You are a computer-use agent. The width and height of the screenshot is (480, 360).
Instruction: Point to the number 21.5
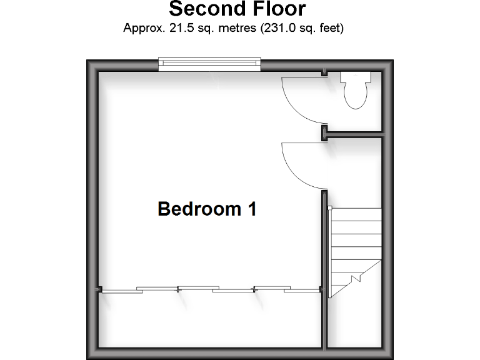click(177, 28)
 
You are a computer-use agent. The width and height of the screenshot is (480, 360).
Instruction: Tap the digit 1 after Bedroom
click(251, 209)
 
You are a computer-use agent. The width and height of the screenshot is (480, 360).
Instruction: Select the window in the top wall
click(209, 62)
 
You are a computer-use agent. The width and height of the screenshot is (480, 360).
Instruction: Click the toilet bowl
click(355, 96)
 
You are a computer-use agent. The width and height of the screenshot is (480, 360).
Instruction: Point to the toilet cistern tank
click(355, 77)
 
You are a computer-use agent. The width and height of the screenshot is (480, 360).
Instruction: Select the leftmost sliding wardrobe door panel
click(119, 291)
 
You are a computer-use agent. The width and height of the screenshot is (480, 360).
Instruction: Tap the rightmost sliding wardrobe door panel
click(300, 291)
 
